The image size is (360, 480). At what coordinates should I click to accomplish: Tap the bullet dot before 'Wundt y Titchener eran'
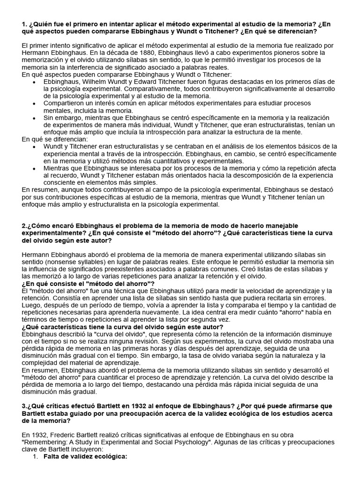(x=34, y=147)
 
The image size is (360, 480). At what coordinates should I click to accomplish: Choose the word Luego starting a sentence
(x=32, y=305)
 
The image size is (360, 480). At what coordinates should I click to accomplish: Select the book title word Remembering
(x=47, y=442)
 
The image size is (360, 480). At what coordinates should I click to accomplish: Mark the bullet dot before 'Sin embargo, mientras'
(x=34, y=118)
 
